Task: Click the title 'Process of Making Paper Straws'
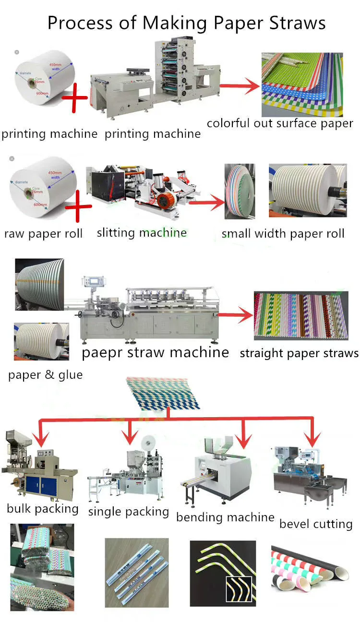click(x=186, y=23)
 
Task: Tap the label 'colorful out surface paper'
click(x=280, y=123)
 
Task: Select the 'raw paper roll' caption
click(x=43, y=234)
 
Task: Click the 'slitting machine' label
click(x=142, y=233)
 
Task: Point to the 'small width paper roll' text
click(x=283, y=234)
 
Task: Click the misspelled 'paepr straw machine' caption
click(x=155, y=353)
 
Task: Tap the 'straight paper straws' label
click(x=299, y=353)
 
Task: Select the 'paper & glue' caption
click(x=45, y=374)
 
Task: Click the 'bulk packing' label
click(x=43, y=508)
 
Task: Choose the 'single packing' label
click(x=128, y=512)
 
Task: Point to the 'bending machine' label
click(x=225, y=517)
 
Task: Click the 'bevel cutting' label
click(x=316, y=524)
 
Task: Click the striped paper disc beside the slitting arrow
click(x=239, y=192)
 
